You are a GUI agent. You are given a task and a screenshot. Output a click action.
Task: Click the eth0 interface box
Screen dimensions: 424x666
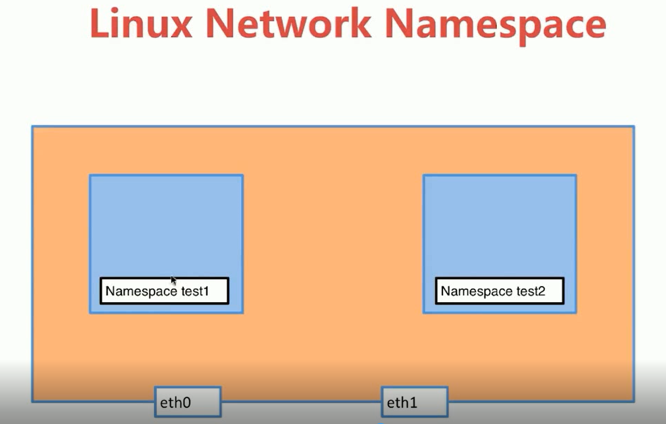click(x=188, y=402)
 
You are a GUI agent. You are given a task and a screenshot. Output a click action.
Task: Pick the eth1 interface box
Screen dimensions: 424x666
click(x=414, y=402)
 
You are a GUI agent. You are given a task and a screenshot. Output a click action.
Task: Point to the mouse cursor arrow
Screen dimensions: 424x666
click(x=173, y=280)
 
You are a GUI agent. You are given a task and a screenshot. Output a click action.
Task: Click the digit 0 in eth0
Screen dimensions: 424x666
click(x=186, y=402)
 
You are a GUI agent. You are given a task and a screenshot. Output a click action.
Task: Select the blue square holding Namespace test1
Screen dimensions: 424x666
click(x=166, y=226)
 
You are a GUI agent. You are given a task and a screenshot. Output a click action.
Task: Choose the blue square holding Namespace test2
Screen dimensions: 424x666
click(x=499, y=226)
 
